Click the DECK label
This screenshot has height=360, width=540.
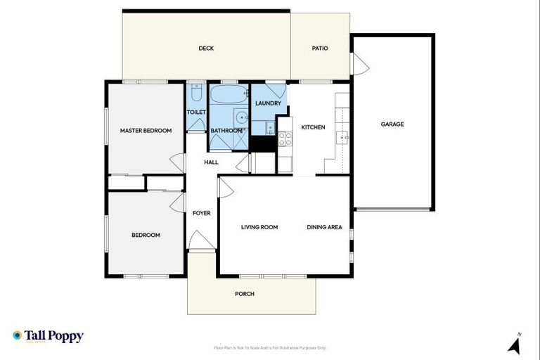coord(206,49)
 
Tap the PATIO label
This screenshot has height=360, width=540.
coord(320,49)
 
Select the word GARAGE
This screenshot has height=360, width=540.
coord(392,124)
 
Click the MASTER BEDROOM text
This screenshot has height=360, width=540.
coord(146,130)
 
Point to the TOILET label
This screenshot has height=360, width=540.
coord(196,112)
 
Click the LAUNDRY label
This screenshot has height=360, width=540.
coord(268,103)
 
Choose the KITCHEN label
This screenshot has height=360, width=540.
coord(313,127)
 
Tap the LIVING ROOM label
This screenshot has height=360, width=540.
coord(259,227)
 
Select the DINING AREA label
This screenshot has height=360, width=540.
coord(324,227)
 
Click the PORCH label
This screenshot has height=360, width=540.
coord(245,294)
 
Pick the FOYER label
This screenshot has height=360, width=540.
coord(202,213)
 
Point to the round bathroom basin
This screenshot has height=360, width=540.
coord(240,117)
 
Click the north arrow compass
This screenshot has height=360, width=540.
coord(515,344)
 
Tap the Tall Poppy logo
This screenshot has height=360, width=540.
coord(48,337)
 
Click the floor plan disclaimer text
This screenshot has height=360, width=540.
coord(269,347)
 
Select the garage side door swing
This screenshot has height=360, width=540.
coord(360,65)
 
